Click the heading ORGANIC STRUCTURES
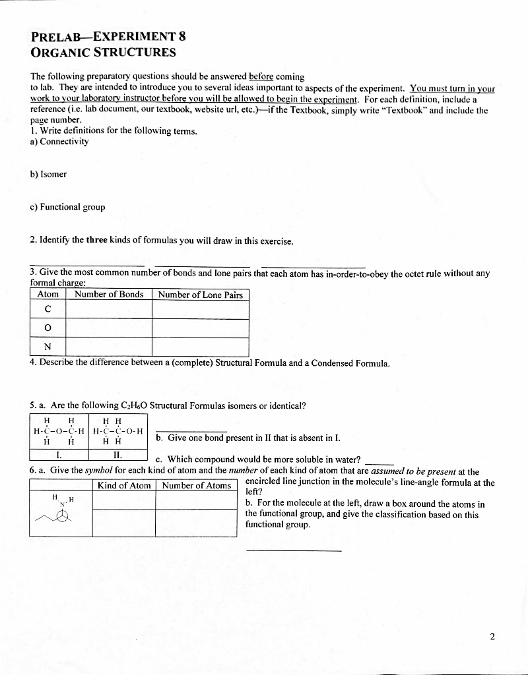pyautogui.click(x=103, y=52)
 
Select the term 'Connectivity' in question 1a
pyautogui.click(x=63, y=141)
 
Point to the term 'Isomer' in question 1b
pyautogui.click(x=54, y=175)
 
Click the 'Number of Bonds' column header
pyautogui.click(x=109, y=295)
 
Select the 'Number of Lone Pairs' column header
pyautogui.click(x=201, y=295)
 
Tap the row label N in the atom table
pyautogui.click(x=48, y=347)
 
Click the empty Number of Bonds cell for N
pyautogui.click(x=109, y=347)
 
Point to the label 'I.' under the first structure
pyautogui.click(x=59, y=454)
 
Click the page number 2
pyautogui.click(x=492, y=636)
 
